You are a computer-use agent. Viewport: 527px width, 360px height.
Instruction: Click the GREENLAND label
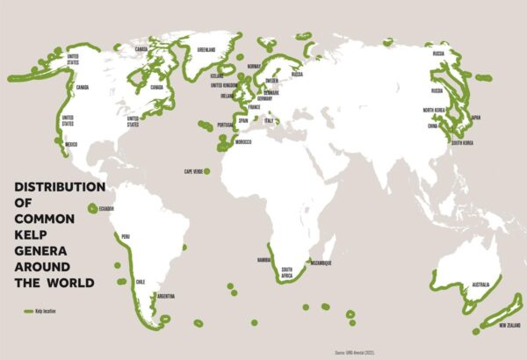point(207,49)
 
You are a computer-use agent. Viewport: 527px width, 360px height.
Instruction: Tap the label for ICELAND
point(218,76)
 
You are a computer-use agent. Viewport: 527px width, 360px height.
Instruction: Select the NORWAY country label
point(256,67)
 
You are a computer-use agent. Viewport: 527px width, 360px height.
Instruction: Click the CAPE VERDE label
point(193,170)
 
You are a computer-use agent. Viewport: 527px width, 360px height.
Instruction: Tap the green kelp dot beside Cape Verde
point(208,170)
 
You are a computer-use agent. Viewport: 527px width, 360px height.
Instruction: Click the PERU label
point(126,236)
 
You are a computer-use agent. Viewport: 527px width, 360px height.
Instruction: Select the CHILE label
point(141,281)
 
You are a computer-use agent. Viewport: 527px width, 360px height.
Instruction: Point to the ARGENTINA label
point(165,297)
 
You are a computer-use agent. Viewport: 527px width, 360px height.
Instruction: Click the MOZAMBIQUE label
point(321,263)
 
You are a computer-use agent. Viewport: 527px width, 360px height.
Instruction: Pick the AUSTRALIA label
point(480,285)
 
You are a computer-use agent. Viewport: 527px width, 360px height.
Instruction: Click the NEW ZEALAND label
point(513,326)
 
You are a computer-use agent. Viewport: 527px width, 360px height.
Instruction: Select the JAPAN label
point(475,118)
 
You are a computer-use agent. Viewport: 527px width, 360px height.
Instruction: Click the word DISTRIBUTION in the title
point(58,187)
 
